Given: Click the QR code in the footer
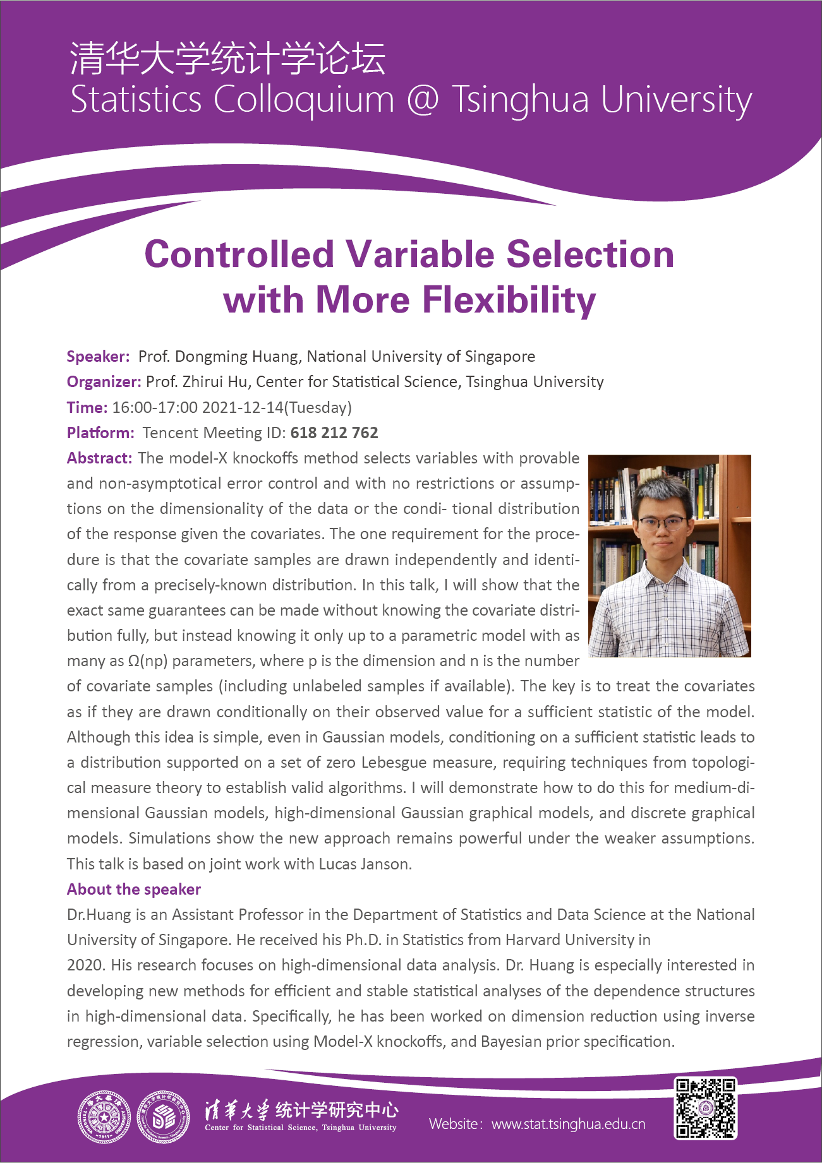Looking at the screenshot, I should click(706, 1108).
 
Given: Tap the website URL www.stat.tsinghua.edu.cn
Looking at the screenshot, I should click(569, 1124).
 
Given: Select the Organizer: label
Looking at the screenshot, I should click(104, 382).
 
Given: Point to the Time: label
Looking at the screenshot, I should click(87, 408).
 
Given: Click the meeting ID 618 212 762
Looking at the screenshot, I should click(334, 433).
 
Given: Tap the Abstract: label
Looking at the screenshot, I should click(100, 458).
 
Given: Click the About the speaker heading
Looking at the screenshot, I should click(134, 890).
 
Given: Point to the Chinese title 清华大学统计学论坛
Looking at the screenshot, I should click(227, 59).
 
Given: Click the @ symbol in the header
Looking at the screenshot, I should click(423, 100).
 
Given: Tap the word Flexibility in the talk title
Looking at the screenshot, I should click(509, 300).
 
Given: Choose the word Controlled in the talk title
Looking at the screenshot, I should click(239, 254).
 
